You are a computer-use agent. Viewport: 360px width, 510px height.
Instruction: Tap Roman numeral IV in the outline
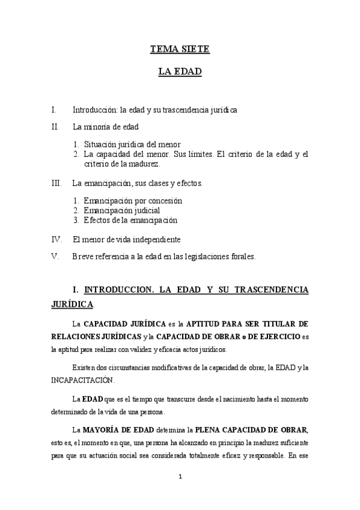pyautogui.click(x=56, y=239)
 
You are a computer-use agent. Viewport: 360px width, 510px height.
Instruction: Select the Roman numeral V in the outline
pyautogui.click(x=55, y=256)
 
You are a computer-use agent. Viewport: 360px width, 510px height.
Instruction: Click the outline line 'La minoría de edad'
pyautogui.click(x=105, y=127)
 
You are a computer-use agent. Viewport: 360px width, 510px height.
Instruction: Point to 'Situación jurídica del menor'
pyautogui.click(x=132, y=144)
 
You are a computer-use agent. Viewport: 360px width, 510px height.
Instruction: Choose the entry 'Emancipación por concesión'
pyautogui.click(x=133, y=200)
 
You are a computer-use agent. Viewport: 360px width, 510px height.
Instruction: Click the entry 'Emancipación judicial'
pyautogui.click(x=122, y=210)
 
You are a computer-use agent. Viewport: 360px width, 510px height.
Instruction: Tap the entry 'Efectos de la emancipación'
pyautogui.click(x=130, y=220)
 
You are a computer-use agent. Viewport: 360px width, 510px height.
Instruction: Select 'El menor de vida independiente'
pyautogui.click(x=126, y=239)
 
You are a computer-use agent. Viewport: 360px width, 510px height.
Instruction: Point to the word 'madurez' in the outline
pyautogui.click(x=144, y=164)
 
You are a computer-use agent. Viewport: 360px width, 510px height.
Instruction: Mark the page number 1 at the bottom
pyautogui.click(x=180, y=478)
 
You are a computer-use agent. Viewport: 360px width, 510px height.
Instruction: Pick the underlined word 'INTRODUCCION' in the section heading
pyautogui.click(x=118, y=290)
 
